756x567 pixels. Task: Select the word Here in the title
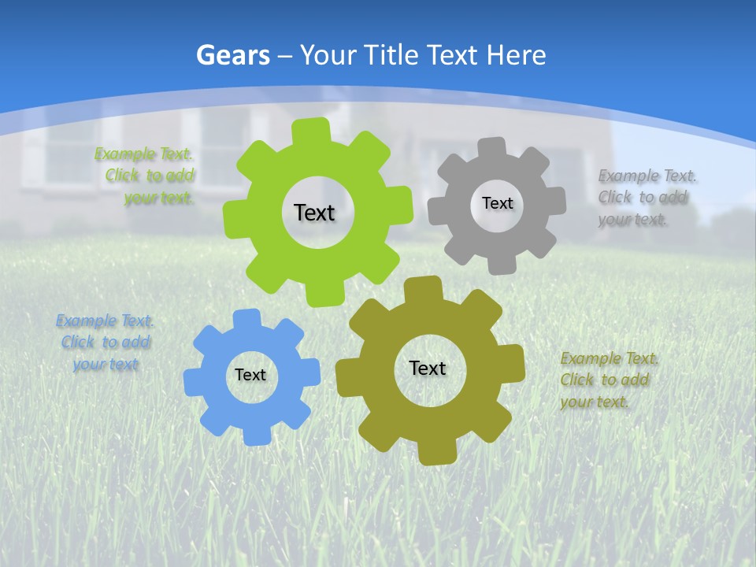(x=516, y=55)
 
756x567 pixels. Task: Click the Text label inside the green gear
(x=314, y=213)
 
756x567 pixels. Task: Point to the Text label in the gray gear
(x=497, y=203)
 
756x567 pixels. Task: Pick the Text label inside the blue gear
(x=250, y=375)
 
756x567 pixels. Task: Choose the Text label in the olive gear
(x=428, y=368)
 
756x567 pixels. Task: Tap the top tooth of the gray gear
(x=492, y=147)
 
